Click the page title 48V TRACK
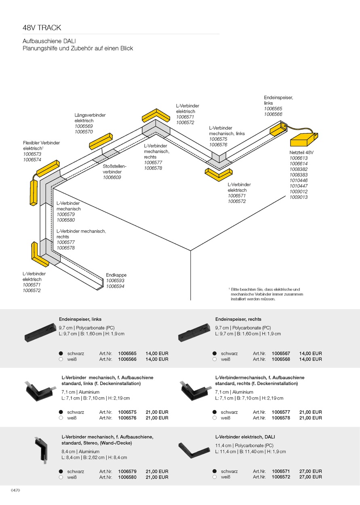(x=42, y=28)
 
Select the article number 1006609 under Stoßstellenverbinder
(x=112, y=177)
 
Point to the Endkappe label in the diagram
(x=116, y=275)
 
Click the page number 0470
(x=15, y=490)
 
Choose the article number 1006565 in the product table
(x=127, y=353)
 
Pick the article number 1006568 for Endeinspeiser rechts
(x=281, y=359)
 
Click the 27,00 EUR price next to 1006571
(x=311, y=471)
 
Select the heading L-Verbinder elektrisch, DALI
(x=245, y=437)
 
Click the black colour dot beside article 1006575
(x=61, y=412)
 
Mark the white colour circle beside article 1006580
(x=61, y=477)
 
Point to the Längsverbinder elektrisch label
(x=90, y=118)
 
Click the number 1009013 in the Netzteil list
(x=298, y=197)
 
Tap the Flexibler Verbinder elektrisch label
(x=41, y=145)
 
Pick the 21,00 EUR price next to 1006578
(x=311, y=418)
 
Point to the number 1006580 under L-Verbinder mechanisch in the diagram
(x=65, y=220)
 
